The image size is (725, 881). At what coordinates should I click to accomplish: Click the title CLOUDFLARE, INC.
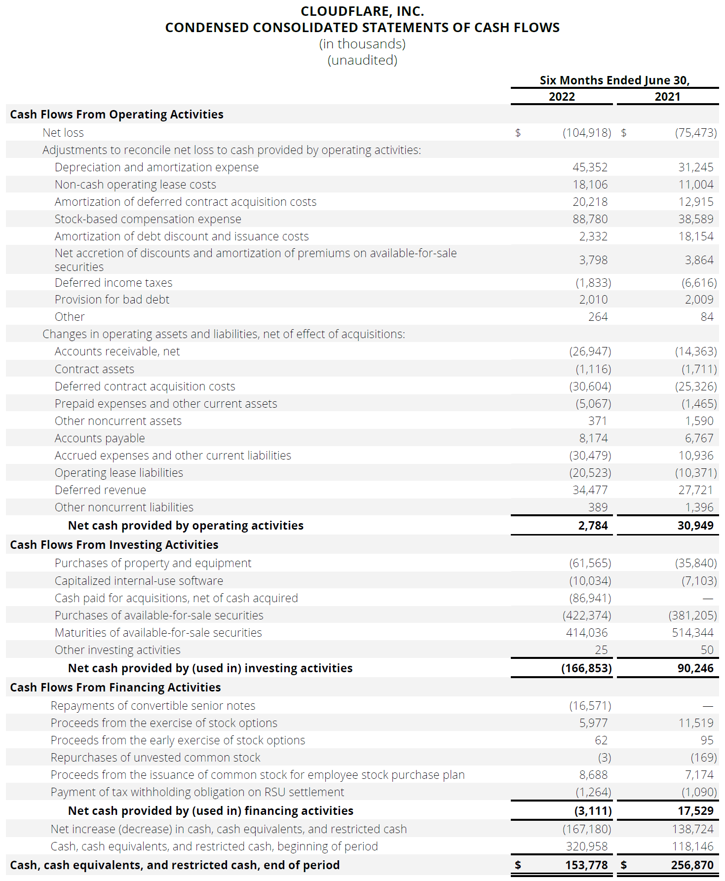click(x=362, y=11)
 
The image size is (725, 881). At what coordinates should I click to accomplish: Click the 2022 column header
click(x=562, y=97)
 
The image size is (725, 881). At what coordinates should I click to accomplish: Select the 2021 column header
click(x=667, y=97)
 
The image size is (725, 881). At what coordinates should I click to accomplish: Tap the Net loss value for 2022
click(x=586, y=133)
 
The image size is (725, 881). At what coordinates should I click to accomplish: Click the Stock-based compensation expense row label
click(x=148, y=219)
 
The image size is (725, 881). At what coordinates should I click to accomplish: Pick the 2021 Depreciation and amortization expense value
click(x=695, y=167)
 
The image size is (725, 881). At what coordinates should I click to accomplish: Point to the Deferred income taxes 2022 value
click(x=593, y=283)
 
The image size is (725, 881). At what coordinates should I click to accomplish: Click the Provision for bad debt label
click(x=112, y=300)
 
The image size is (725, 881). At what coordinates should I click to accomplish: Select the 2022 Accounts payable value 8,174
click(x=593, y=438)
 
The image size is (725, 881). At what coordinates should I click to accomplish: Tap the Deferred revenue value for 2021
click(x=695, y=490)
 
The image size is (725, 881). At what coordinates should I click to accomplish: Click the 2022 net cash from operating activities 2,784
click(x=593, y=526)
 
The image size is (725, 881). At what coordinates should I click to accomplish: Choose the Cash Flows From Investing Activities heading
click(x=114, y=545)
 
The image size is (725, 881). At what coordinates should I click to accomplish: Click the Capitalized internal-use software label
click(x=139, y=581)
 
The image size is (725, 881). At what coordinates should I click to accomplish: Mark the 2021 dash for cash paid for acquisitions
click(x=708, y=599)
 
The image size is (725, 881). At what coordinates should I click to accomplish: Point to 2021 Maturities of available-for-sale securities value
click(x=692, y=633)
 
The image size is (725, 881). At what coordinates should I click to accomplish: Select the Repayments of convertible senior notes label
click(x=153, y=706)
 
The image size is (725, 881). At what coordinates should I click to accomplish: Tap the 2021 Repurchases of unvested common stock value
click(x=703, y=758)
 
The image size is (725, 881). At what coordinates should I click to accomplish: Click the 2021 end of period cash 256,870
click(x=692, y=865)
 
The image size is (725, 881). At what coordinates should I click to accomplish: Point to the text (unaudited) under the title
click(x=362, y=60)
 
